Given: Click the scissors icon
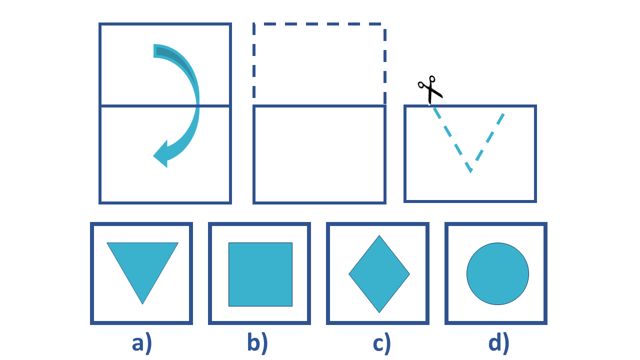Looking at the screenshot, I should click(430, 90).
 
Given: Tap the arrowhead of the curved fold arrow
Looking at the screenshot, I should click(161, 154).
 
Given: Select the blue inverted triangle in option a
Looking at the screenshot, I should click(142, 265).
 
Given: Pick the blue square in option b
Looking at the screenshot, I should click(260, 274).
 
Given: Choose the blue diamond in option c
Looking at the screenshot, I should click(379, 274).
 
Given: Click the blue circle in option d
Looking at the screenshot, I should click(497, 273).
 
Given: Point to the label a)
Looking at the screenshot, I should click(142, 343).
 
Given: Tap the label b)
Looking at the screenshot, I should click(258, 343).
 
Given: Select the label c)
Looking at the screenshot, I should click(382, 343).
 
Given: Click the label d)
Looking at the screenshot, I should click(498, 343).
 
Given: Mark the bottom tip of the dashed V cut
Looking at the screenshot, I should click(471, 171).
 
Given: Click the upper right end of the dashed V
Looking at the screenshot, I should click(503, 114).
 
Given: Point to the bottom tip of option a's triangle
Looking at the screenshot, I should click(142, 303).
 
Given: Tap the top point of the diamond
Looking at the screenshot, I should click(379, 235).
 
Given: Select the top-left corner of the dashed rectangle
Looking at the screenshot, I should click(254, 24).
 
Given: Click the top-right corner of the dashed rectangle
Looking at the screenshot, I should click(384, 24).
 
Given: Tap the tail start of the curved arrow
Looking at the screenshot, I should click(155, 51).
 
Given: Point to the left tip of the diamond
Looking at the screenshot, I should click(349, 274).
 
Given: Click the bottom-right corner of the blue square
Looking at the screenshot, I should click(292, 305).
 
